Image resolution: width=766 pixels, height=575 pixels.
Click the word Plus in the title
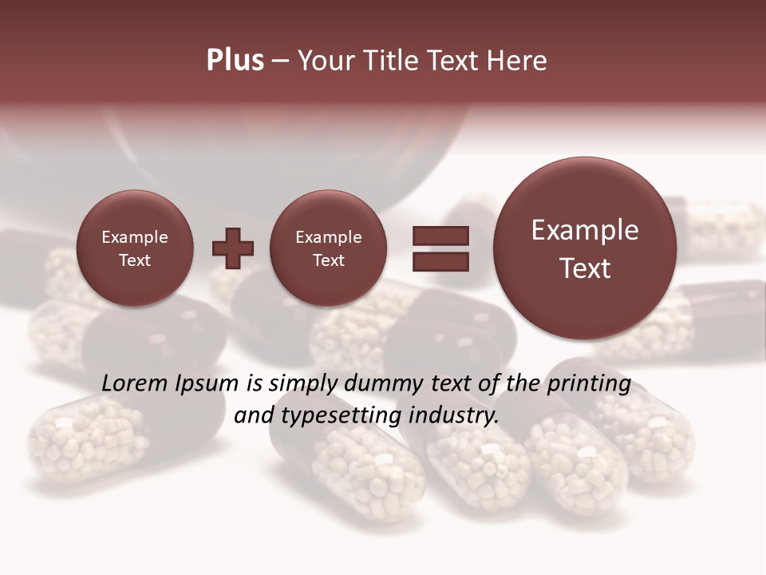tap(235, 61)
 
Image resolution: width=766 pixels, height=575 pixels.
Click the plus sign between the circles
tap(233, 248)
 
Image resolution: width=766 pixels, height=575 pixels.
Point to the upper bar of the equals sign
tap(440, 236)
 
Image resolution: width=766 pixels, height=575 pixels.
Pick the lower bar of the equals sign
tap(440, 262)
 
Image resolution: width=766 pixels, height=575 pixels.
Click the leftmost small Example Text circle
tap(135, 248)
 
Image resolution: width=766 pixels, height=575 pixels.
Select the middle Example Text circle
tap(329, 248)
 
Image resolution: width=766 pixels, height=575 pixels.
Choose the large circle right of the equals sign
tap(585, 248)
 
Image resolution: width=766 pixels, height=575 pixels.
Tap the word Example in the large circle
tap(585, 230)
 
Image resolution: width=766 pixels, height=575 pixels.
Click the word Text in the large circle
tap(585, 268)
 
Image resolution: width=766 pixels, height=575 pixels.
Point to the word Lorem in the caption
tap(135, 384)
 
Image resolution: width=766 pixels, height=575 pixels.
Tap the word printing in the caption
tap(589, 384)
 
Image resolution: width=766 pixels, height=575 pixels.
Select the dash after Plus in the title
tap(280, 61)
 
